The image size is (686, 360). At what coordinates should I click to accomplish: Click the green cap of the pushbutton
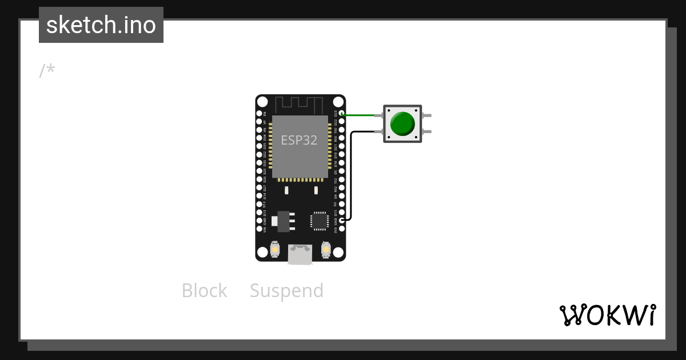[402, 123]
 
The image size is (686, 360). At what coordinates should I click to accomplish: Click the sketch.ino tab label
[101, 25]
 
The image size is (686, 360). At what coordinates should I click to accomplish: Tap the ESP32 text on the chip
[299, 140]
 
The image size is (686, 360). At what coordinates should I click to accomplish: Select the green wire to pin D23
[360, 115]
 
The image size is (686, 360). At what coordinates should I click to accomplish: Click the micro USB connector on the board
[300, 254]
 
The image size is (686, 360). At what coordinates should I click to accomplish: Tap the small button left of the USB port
[275, 250]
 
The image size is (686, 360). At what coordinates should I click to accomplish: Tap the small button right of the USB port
[326, 250]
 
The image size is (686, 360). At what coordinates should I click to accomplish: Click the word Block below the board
[204, 291]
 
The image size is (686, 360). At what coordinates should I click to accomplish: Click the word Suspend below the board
[286, 291]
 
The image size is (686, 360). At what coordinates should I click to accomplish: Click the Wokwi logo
[607, 315]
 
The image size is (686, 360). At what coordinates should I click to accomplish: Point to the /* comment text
[47, 71]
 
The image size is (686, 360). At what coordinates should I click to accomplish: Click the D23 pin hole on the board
[342, 114]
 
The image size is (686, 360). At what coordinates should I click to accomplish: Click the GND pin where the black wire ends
[342, 220]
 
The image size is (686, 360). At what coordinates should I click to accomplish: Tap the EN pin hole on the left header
[259, 114]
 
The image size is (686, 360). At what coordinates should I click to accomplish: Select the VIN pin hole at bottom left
[259, 229]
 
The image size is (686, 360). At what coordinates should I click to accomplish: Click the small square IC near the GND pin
[319, 221]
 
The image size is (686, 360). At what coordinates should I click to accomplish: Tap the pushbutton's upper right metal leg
[426, 115]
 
